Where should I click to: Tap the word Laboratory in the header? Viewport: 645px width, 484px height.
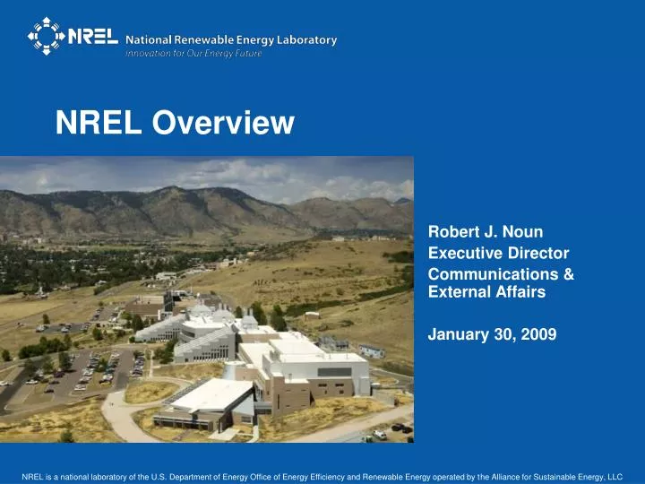click(306, 39)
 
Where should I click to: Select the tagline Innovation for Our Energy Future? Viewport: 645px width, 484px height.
click(199, 53)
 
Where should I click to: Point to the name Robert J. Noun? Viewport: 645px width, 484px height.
click(486, 232)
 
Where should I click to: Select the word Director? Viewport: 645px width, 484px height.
click(535, 253)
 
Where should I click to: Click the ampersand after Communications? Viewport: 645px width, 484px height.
click(569, 274)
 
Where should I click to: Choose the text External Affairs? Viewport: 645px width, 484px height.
click(486, 291)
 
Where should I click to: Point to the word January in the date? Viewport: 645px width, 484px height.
click(457, 334)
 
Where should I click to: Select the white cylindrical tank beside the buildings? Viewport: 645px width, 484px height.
click(230, 370)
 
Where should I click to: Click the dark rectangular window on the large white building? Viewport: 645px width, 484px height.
click(335, 371)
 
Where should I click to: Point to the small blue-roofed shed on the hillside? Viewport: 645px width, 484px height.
click(372, 350)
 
